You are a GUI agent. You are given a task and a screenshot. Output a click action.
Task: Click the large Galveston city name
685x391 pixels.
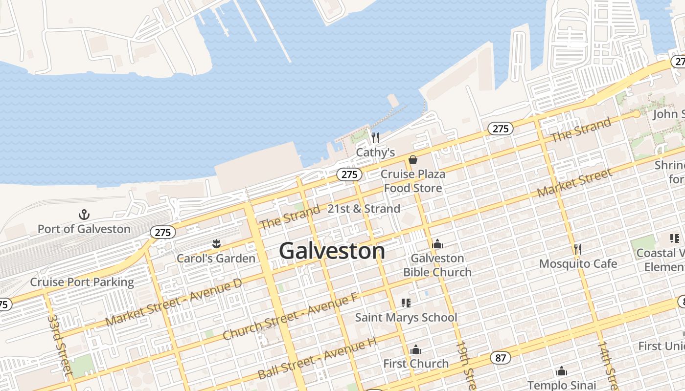click(332, 251)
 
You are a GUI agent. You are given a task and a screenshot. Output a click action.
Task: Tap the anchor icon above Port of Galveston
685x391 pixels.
click(84, 215)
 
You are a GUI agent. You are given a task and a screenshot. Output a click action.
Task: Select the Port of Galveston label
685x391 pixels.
click(84, 229)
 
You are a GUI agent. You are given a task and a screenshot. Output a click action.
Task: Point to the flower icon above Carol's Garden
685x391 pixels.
click(216, 243)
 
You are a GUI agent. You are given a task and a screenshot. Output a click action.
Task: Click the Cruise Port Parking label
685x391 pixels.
click(82, 282)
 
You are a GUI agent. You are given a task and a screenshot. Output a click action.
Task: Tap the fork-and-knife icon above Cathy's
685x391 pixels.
click(375, 137)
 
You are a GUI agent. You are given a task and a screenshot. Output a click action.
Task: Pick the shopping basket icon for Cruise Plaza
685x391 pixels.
click(413, 160)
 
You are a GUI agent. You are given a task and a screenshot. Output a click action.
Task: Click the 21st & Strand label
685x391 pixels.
click(364, 209)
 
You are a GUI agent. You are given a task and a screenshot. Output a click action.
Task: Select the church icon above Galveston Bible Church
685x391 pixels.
click(437, 244)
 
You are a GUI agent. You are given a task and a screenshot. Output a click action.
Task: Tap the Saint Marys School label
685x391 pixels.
click(406, 317)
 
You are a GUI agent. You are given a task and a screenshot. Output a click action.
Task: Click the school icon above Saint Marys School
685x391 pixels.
click(406, 303)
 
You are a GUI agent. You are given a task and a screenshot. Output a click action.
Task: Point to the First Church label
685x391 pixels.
click(416, 364)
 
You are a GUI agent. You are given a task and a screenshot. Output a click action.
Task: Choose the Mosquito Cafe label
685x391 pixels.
click(578, 264)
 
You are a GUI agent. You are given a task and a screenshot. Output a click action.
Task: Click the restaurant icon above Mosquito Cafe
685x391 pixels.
click(578, 249)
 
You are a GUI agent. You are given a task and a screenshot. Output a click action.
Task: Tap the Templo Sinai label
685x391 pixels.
click(562, 385)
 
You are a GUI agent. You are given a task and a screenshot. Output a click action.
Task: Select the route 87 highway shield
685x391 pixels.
click(500, 358)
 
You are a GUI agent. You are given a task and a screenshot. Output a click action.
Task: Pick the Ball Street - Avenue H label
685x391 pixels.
click(317, 360)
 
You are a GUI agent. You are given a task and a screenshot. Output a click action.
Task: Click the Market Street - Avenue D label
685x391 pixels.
click(174, 303)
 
